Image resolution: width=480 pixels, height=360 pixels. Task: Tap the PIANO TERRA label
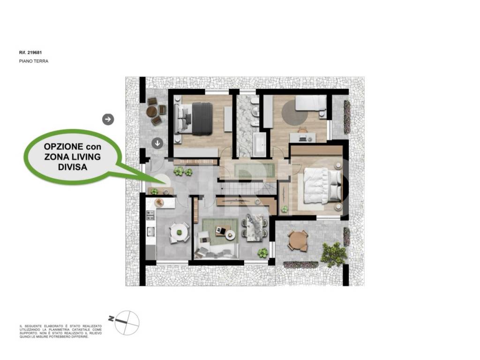pos(33,61)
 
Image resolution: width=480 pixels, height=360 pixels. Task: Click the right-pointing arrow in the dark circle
pos(108,120)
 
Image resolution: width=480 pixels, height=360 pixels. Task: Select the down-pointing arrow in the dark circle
pos(157,143)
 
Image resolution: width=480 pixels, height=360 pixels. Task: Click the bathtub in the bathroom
pos(259,144)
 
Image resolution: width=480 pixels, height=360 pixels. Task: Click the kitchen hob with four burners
pos(150,216)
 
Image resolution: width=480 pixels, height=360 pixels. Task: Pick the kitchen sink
pos(150,232)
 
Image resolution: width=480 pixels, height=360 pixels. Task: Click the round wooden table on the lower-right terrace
pos(297,241)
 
